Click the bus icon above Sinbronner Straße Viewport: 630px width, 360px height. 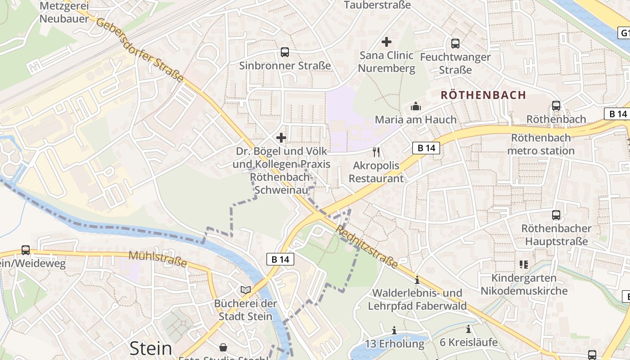285,52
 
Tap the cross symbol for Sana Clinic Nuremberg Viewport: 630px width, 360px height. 386,42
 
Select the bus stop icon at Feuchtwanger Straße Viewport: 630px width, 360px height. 455,44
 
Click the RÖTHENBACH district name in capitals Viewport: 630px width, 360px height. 483,95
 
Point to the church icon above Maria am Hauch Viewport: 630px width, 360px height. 415,106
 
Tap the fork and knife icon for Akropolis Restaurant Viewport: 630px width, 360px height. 376,152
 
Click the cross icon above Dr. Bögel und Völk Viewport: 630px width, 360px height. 281,137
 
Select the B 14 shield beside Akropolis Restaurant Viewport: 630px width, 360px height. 426,148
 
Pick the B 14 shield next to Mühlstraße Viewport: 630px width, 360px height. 280,259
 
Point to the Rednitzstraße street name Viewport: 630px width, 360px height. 367,247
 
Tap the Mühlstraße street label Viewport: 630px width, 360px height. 157,259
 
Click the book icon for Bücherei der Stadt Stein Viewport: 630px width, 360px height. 245,290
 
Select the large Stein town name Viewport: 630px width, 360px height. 151,348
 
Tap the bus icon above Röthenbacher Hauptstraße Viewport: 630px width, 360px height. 556,215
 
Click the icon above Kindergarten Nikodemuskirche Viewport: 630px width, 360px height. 523,264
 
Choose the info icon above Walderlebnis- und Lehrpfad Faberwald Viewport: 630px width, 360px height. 417,280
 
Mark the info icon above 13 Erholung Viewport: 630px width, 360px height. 394,331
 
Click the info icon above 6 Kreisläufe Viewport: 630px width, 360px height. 468,329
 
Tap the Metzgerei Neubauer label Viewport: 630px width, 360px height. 64,13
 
